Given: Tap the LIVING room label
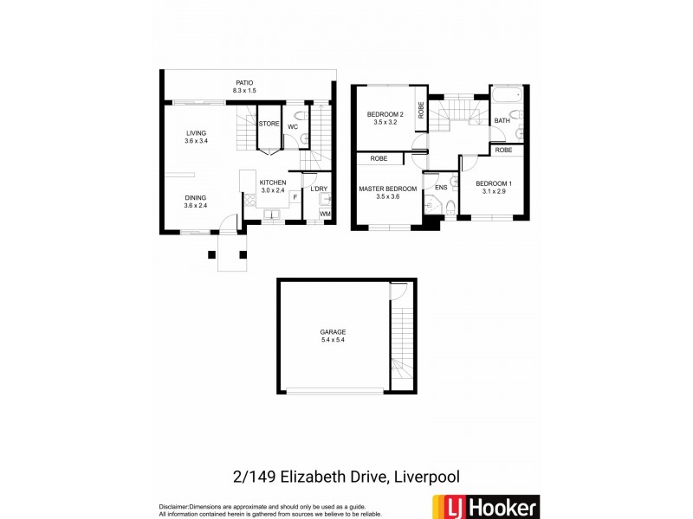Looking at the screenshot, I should pos(195,133).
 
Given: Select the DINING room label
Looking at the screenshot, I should pos(195,198).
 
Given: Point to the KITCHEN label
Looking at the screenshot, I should pos(272,183).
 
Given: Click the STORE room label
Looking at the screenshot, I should pos(269,125).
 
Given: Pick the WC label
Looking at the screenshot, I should pos(293,127).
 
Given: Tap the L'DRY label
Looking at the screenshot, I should pos(319,189).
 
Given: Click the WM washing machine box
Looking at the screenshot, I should pos(325,214).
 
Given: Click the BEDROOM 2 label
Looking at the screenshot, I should pos(385,114).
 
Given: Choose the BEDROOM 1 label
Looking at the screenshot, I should pos(494,183).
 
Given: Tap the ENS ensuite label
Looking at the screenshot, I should pos(441,187).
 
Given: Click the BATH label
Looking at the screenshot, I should pos(502,121).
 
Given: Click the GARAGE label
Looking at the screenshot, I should pos(333,331).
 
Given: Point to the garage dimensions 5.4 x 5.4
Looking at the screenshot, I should pos(333,340).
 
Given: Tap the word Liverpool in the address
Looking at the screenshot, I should pos(424,477).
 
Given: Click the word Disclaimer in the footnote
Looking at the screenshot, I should pos(174,506).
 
